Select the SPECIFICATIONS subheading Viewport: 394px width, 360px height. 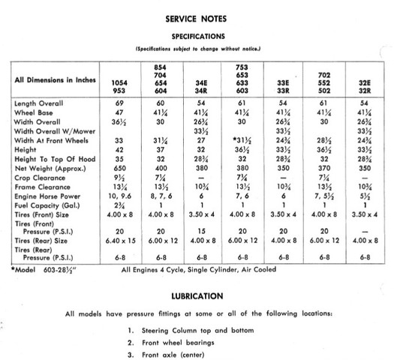coord(197,35)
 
